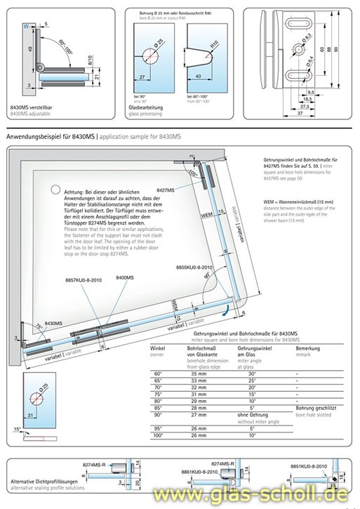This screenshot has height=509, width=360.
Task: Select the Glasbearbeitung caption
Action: click(x=145, y=107)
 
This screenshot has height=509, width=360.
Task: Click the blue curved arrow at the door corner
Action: click(x=227, y=308)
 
